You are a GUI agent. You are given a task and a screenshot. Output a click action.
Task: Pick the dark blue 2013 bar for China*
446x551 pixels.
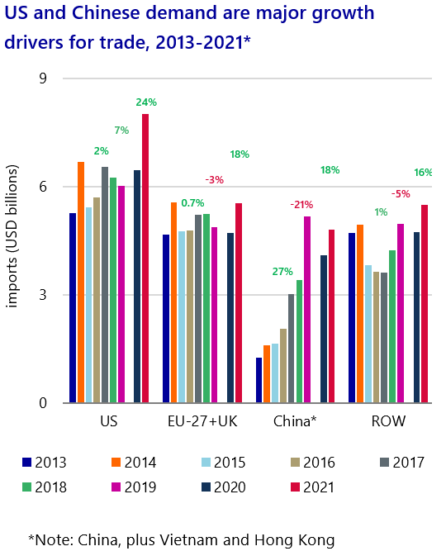(259, 380)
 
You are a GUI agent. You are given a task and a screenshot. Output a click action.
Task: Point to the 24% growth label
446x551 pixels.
(146, 102)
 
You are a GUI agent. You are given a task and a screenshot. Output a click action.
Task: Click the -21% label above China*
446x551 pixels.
(301, 204)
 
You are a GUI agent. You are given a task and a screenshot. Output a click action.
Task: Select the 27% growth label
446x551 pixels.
(282, 271)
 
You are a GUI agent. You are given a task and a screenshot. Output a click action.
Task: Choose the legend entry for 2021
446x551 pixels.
(308, 487)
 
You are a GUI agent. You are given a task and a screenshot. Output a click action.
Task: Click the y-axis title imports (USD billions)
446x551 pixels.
(12, 240)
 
